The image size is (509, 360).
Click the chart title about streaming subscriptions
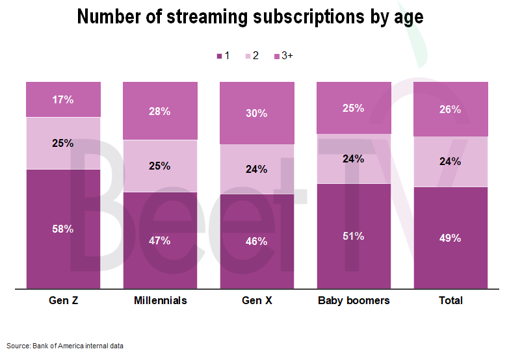(x=250, y=16)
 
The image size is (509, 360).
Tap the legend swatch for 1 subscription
(x=219, y=57)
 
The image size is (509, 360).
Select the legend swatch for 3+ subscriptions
(x=277, y=57)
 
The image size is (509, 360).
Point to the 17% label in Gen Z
(x=63, y=100)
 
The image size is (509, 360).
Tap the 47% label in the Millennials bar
(x=160, y=240)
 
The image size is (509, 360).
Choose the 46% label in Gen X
(x=257, y=241)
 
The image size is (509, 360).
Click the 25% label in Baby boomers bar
(x=354, y=108)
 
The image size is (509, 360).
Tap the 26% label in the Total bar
(x=450, y=109)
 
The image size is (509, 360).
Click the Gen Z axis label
(x=63, y=301)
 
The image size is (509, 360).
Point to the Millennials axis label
(x=160, y=301)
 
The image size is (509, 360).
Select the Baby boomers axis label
(x=354, y=301)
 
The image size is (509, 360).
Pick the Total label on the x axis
(x=450, y=301)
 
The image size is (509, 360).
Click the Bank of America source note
(x=65, y=346)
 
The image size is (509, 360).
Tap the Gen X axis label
(x=257, y=301)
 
